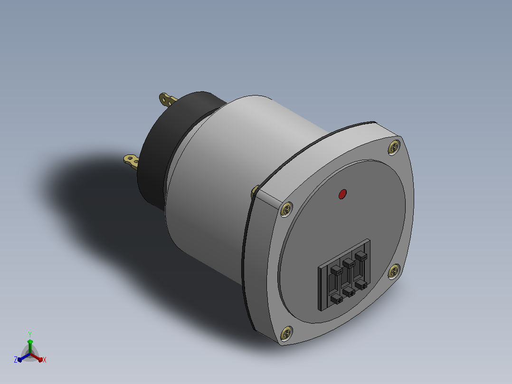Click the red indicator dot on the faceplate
click(342, 194)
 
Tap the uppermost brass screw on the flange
click(394, 147)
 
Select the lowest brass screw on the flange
click(287, 333)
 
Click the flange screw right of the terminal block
click(394, 271)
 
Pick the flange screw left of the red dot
click(287, 209)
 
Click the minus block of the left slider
click(336, 270)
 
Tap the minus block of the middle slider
click(349, 263)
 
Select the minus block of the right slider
click(361, 256)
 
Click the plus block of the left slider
click(337, 299)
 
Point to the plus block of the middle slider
click(349, 291)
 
